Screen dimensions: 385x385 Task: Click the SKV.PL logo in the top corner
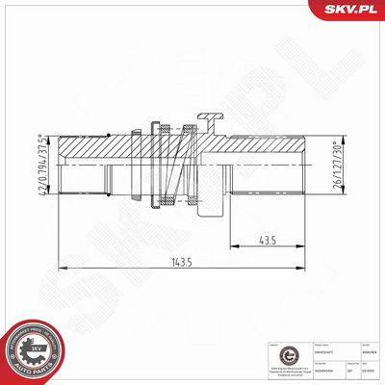pos(353,12)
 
